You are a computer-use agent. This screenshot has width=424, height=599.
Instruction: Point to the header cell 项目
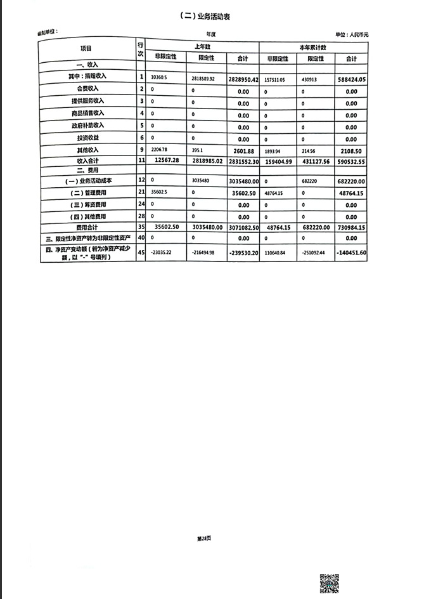[86, 49]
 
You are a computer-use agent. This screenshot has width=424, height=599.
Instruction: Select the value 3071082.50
[243, 227]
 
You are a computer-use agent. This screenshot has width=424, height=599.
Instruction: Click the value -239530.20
[243, 253]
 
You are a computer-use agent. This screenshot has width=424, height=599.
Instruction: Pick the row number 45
[141, 252]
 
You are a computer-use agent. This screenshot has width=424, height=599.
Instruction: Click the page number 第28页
[203, 538]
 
